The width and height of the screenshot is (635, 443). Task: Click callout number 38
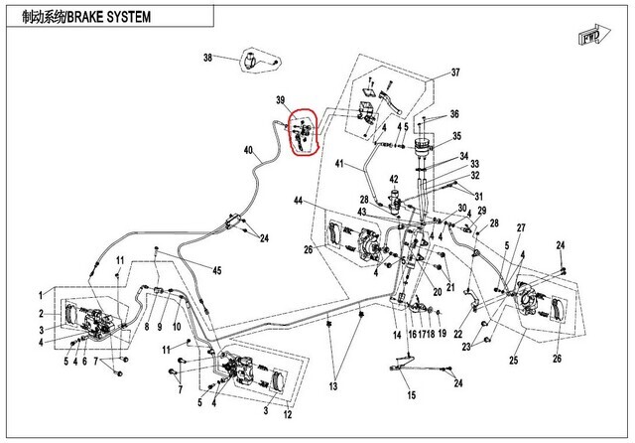tap(208, 58)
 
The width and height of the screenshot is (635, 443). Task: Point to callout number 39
tap(281, 100)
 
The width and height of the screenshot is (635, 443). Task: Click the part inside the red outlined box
tap(303, 132)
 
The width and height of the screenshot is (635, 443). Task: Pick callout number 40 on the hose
tap(248, 150)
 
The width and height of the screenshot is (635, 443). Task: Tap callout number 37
tap(455, 74)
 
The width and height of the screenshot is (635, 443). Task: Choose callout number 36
tap(455, 114)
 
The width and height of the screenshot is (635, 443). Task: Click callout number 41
tap(338, 164)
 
